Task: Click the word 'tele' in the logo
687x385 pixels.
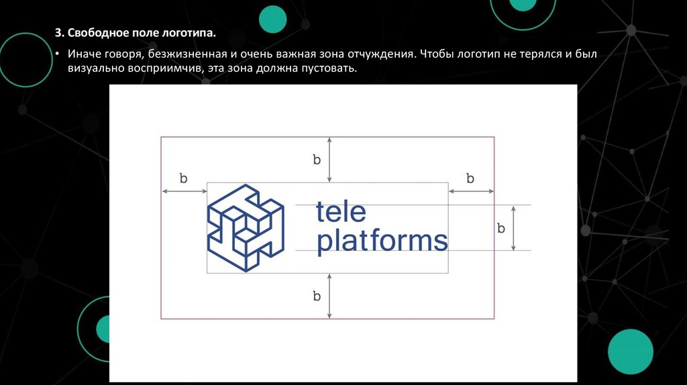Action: [x=341, y=212]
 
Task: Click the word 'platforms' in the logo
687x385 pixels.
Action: [x=382, y=241]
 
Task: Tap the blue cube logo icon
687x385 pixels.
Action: [x=246, y=229]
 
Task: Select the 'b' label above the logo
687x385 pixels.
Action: [x=317, y=160]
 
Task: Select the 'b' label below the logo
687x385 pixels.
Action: [x=317, y=296]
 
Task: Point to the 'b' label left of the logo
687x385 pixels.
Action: [x=183, y=178]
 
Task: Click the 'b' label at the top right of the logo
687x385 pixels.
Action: [x=470, y=178]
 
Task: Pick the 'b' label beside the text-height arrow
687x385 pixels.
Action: [x=500, y=228]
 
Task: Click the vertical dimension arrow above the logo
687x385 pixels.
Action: [x=329, y=160]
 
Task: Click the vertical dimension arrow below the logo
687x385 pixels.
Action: [x=329, y=296]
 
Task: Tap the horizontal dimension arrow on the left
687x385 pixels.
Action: [x=184, y=192]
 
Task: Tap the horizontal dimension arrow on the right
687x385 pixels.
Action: [x=471, y=192]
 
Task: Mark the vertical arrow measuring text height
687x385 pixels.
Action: [x=513, y=228]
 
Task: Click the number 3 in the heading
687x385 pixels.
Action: [x=58, y=32]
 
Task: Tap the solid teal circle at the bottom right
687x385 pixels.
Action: [x=630, y=352]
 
